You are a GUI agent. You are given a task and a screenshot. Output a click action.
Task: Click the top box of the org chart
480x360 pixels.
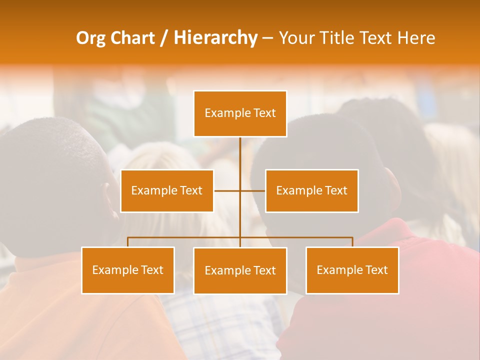click(240, 113)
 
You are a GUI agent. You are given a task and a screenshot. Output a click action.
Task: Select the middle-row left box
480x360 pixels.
click(167, 190)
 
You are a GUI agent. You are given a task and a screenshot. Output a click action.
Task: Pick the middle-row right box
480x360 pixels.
click(311, 190)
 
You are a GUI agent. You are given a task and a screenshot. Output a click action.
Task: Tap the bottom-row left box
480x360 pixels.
click(128, 270)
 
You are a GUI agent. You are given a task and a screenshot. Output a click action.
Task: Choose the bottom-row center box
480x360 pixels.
click(240, 270)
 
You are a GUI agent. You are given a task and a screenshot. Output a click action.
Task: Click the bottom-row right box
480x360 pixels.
click(352, 270)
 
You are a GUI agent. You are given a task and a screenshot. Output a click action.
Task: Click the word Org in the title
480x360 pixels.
click(90, 38)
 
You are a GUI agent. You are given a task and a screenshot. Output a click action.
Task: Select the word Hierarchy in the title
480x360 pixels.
click(215, 38)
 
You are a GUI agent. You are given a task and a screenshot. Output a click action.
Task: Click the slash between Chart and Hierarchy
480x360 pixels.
click(164, 38)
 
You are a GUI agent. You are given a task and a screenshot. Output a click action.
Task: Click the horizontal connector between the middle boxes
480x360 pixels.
click(239, 190)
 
